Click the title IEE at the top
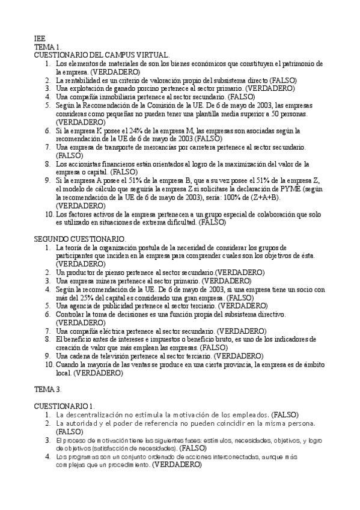tap(40, 38)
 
